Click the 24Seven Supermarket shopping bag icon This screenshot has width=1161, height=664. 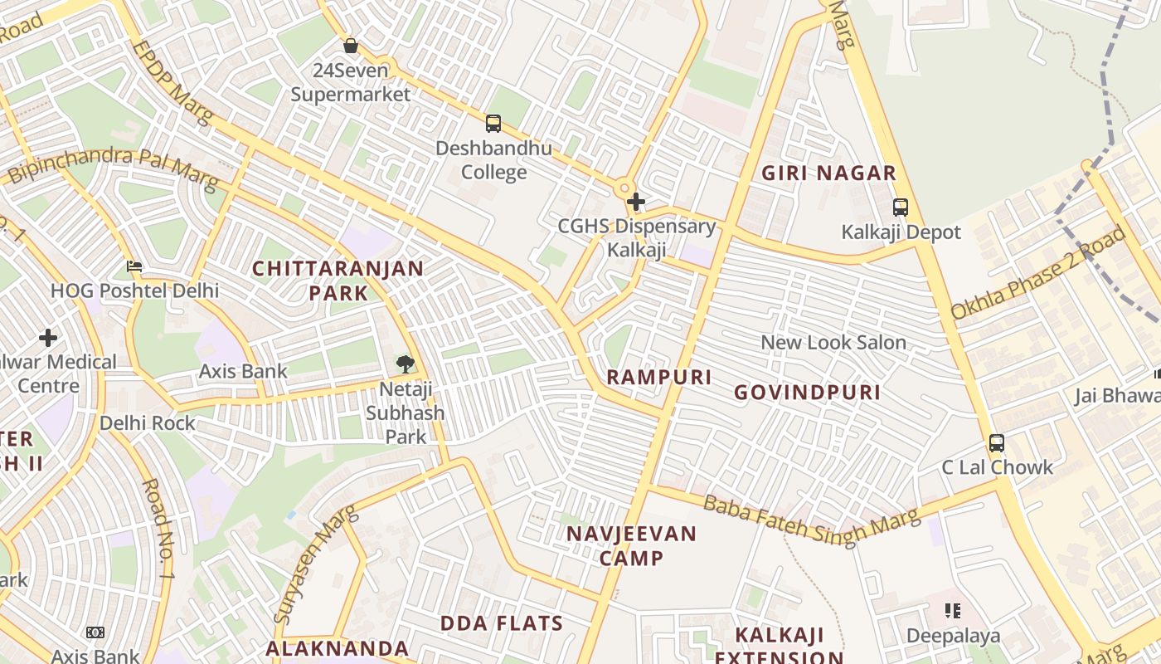pos(351,46)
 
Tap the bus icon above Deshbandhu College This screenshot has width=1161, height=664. pos(493,124)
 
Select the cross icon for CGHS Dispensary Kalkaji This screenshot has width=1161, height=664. pos(636,201)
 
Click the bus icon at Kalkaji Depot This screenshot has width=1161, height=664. pos(901,207)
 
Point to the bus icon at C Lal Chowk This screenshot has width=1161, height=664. pos(997,442)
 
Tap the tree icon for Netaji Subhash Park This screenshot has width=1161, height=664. pos(405,363)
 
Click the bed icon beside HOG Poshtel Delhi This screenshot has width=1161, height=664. pos(134,266)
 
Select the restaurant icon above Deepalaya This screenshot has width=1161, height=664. pos(953,612)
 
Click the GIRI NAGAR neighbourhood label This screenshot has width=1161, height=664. pos(829,173)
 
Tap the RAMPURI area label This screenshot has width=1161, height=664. pos(659,377)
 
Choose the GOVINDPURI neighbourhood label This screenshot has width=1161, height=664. pos(808,393)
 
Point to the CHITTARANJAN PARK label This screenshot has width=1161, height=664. pos(338,281)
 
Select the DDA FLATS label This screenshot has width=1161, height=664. pos(502,623)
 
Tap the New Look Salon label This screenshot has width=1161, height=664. pos(833,342)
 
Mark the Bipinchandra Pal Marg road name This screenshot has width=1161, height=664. pos(112,164)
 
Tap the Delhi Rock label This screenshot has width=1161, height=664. pos(148,423)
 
